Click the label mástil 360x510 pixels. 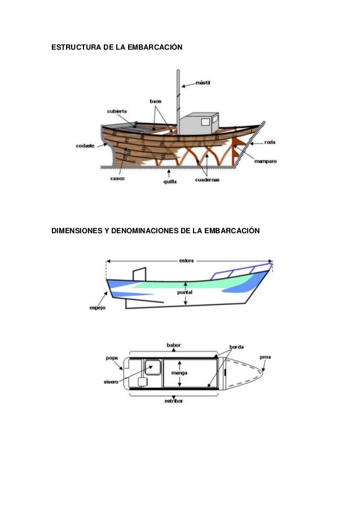tap(203, 82)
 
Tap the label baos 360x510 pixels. tap(155, 101)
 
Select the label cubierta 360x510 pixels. tap(117, 111)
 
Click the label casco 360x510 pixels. tap(117, 178)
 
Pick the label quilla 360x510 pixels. tap(170, 181)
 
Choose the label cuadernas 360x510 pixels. tap(207, 180)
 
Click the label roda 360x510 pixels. tap(269, 142)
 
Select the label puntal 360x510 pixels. tap(186, 293)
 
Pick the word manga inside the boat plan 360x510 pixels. tap(179, 373)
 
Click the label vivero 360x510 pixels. tap(111, 382)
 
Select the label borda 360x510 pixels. tap(236, 346)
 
